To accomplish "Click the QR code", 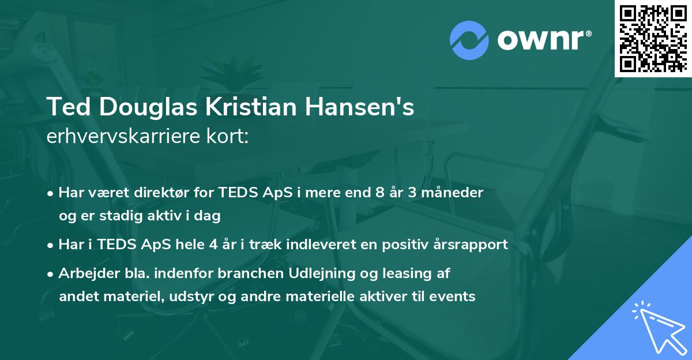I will [x=653, y=38].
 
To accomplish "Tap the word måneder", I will [x=456, y=193].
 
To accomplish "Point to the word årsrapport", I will [x=473, y=245].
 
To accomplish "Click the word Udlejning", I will [x=321, y=273].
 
